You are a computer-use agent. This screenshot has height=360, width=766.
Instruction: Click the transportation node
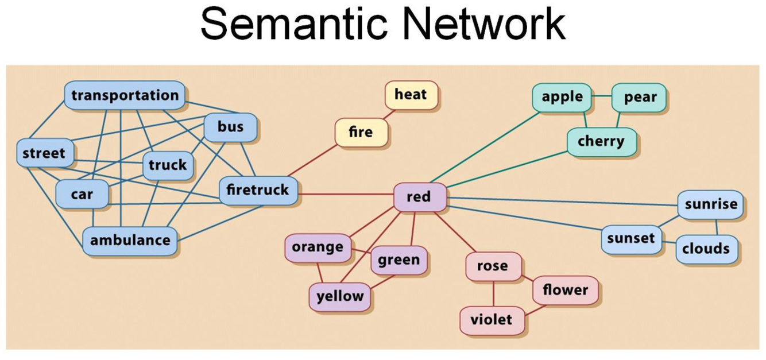125,95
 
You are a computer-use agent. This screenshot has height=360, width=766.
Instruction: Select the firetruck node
258,191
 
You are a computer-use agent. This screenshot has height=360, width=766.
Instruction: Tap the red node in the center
419,197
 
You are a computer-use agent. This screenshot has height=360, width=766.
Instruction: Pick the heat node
411,95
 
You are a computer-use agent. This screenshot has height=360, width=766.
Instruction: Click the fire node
361,133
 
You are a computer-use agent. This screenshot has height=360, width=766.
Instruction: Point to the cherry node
601,141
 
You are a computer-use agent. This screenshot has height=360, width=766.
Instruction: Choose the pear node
640,98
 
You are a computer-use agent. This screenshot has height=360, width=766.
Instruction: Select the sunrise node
710,204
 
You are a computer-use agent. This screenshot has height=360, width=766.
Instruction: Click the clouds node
706,249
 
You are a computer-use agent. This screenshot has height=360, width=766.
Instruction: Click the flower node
565,291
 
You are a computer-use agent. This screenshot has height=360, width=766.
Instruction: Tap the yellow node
340,297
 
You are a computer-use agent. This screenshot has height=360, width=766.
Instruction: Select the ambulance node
130,241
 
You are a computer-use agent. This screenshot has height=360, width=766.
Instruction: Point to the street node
44,153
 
